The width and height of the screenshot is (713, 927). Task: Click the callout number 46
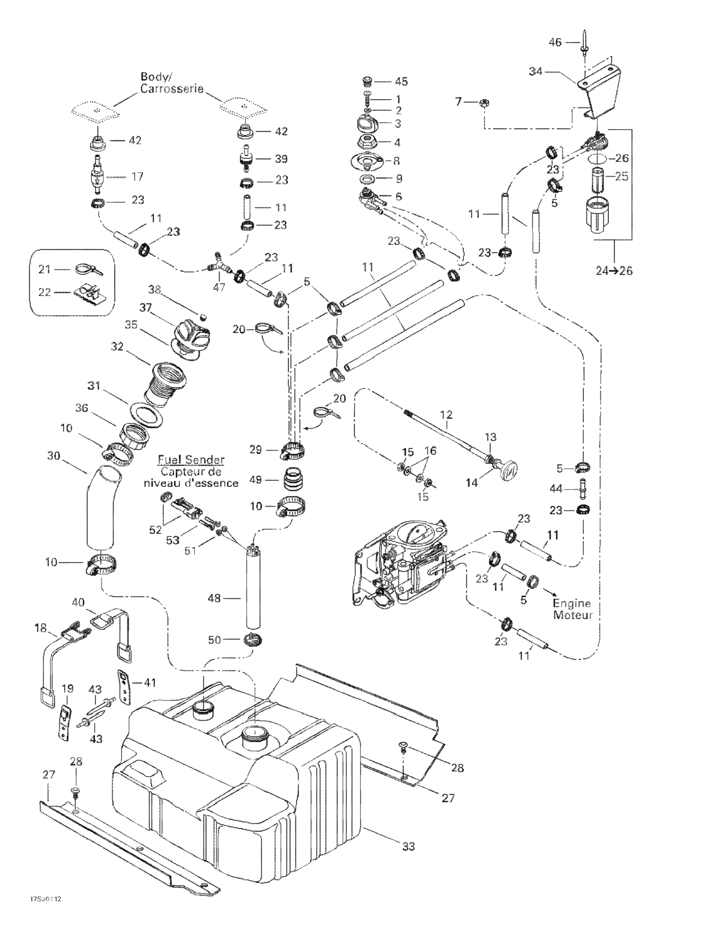pos(555,42)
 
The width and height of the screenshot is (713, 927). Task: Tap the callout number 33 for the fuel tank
pos(408,846)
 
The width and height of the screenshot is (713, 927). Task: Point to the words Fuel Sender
pos(191,459)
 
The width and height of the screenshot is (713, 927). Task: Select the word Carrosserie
pos(172,89)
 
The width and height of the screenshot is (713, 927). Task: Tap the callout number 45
pos(401,81)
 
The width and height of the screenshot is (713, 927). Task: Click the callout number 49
pos(256,480)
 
